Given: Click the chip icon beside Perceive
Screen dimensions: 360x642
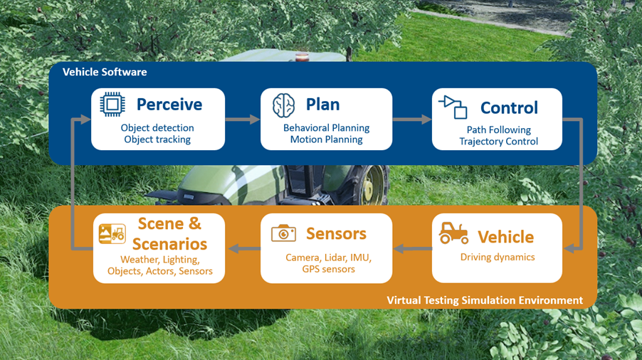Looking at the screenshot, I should click(112, 105).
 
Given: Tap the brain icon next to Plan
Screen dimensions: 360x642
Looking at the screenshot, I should click(283, 105).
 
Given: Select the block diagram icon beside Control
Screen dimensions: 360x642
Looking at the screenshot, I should click(453, 107).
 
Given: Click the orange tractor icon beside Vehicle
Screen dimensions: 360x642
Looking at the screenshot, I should click(453, 233).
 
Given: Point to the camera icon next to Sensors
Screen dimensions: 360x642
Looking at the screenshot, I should click(283, 233).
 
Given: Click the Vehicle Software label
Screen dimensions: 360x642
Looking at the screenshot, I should click(105, 72).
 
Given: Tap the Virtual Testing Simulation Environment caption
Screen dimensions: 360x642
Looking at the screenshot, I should click(485, 300).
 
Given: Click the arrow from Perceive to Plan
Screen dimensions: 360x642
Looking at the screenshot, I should click(243, 119).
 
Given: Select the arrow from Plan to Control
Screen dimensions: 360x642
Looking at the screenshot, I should click(412, 119).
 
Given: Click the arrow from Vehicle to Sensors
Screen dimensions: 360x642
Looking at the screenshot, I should click(412, 248).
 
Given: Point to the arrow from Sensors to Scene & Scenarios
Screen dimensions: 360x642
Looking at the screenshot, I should click(243, 248).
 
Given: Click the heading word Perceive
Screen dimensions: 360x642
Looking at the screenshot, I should click(169, 105).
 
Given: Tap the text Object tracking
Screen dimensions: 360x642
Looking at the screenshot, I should click(157, 139).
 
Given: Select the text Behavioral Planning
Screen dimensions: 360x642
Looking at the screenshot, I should click(327, 128).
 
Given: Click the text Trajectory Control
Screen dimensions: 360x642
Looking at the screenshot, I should click(498, 142).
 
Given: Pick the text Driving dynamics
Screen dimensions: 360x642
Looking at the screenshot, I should click(498, 257).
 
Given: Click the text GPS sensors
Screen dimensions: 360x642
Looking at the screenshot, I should click(328, 269).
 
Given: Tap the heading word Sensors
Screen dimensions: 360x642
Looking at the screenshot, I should click(336, 233).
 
